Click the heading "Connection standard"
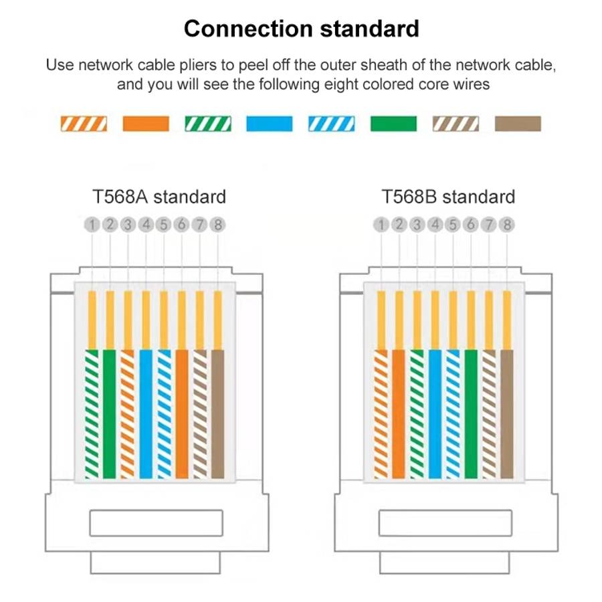[x=302, y=29]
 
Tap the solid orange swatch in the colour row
[x=146, y=124]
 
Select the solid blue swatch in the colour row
[x=270, y=124]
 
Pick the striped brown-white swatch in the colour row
[x=456, y=124]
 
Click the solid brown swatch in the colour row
[x=518, y=124]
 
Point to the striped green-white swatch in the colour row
[x=208, y=124]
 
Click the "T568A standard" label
[x=159, y=197]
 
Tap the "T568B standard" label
[x=448, y=197]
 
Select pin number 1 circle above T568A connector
[x=92, y=225]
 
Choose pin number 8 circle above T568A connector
[x=217, y=225]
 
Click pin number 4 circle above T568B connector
[x=435, y=225]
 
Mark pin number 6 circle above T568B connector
[x=471, y=225]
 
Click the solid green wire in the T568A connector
[x=110, y=414]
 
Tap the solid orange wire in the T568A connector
[x=182, y=414]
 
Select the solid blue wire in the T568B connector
[x=435, y=414]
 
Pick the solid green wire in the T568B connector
[x=471, y=414]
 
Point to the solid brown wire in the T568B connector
[x=507, y=414]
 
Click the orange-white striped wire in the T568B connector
[x=381, y=414]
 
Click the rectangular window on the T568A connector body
[x=157, y=523]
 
